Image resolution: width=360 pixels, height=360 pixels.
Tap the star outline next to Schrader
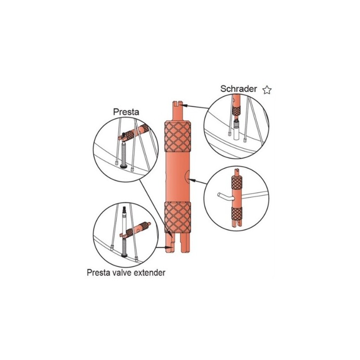267,90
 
